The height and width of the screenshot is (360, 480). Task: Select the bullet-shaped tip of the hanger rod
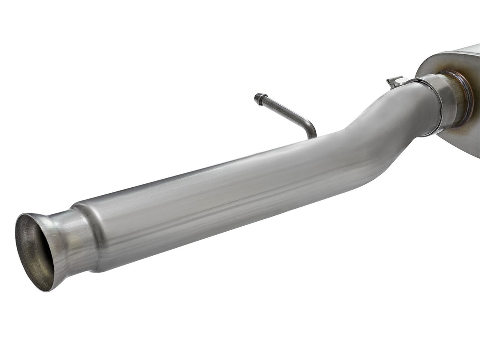pos(259,99)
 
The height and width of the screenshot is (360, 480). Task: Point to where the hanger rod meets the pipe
pos(312,137)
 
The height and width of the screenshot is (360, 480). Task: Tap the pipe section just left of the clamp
pos(411,107)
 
